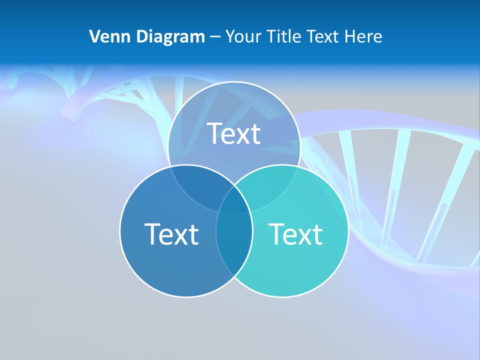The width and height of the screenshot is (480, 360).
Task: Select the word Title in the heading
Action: [x=284, y=36]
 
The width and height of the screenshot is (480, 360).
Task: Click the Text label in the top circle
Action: [x=234, y=134]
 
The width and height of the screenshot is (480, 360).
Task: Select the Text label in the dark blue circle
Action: [x=171, y=234]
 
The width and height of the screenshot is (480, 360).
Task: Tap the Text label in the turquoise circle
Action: [x=295, y=234]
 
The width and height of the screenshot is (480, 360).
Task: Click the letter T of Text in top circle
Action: [x=214, y=133]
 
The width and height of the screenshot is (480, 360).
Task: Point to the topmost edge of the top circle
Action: [x=234, y=82]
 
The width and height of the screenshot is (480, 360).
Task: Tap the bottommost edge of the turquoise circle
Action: [x=282, y=297]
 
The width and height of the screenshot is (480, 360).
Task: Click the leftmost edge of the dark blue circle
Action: [x=120, y=230]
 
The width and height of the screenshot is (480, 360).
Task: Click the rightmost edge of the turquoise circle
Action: [x=348, y=230]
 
